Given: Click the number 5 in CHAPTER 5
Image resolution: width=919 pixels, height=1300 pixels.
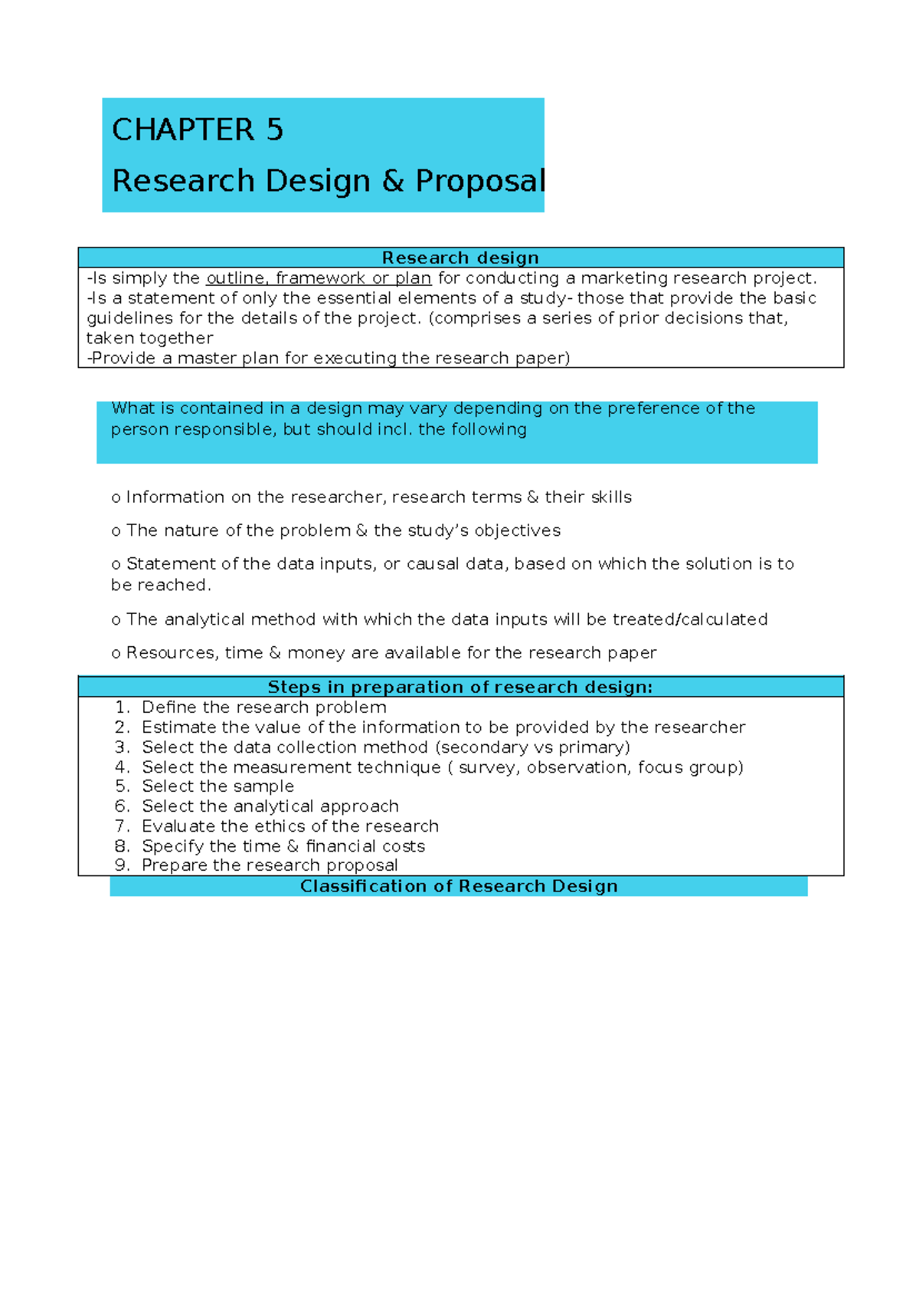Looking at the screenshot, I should (274, 130).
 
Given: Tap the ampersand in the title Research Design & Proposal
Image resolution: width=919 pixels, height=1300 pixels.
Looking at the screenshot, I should (393, 181).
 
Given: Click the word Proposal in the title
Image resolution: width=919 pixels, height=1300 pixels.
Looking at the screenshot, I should (480, 181).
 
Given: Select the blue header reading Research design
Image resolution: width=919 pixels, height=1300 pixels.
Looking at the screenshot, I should (460, 258).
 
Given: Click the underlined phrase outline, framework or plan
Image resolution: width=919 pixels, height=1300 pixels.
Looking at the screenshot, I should (319, 278).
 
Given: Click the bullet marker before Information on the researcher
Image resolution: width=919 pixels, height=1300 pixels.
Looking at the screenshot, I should (116, 498).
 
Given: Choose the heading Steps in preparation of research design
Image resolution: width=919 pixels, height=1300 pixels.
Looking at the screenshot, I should (460, 687).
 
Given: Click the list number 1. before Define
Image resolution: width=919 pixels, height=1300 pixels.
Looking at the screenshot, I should (123, 707).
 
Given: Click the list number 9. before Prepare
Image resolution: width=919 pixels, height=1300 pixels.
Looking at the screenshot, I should (123, 865).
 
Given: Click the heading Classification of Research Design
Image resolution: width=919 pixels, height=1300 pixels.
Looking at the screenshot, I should (459, 886).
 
